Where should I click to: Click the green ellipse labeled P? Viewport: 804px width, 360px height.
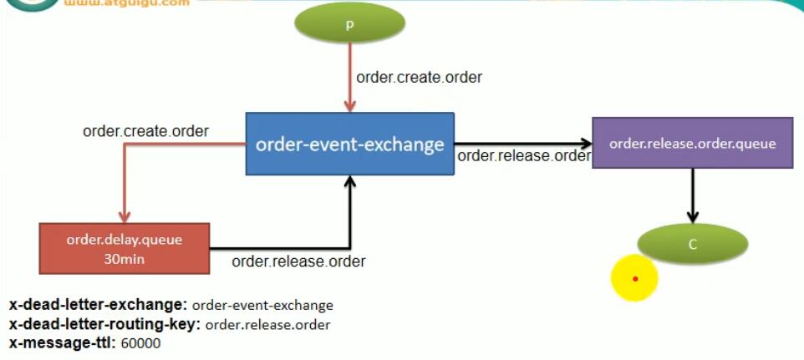tap(350, 25)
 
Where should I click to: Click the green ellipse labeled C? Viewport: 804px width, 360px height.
tap(692, 244)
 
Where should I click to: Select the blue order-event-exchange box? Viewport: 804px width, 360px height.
tap(349, 145)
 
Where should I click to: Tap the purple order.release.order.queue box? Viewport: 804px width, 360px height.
tap(692, 143)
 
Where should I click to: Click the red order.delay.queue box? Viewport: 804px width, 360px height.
tap(124, 248)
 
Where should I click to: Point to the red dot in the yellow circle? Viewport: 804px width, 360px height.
tap(635, 278)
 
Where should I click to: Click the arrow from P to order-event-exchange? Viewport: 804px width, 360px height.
tap(350, 79)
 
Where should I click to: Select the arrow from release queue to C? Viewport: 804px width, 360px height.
tap(692, 194)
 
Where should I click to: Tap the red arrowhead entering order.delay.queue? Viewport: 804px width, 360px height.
tap(124, 215)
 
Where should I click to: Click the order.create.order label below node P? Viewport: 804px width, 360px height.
tap(419, 77)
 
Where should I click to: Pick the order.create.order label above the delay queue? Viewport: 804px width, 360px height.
tap(145, 131)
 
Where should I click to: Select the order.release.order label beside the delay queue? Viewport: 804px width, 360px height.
tap(298, 261)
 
